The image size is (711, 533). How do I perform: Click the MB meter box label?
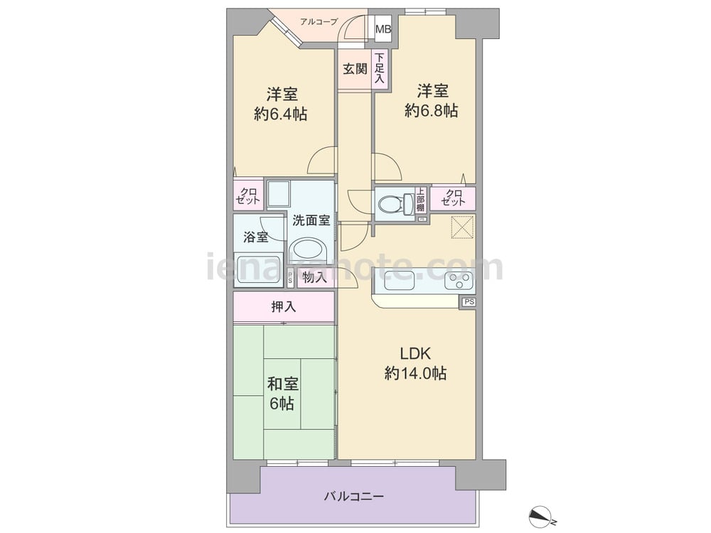pyautogui.click(x=383, y=29)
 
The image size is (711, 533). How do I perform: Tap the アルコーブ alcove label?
pyautogui.click(x=319, y=21)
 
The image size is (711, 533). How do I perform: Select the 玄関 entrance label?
pyautogui.click(x=355, y=69)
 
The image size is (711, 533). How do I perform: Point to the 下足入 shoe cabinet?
pyautogui.click(x=380, y=68)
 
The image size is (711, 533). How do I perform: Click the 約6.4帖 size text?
pyautogui.click(x=281, y=114)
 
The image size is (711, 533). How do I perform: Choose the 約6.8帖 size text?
pyautogui.click(x=432, y=110)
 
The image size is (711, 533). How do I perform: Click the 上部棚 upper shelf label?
pyautogui.click(x=421, y=200)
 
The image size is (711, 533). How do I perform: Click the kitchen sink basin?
pyautogui.click(x=399, y=280)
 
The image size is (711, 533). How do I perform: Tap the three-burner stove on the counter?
pyautogui.click(x=459, y=280)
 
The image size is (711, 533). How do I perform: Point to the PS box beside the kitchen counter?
pyautogui.click(x=469, y=302)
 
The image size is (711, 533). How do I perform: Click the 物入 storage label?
pyautogui.click(x=315, y=277)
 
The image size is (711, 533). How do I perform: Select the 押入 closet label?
pyautogui.click(x=284, y=307)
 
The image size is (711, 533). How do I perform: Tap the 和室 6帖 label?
pyautogui.click(x=282, y=394)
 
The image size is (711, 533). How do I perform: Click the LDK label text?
pyautogui.click(x=415, y=353)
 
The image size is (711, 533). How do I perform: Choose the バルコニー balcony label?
pyautogui.click(x=353, y=497)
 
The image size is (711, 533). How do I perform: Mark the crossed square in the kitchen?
pyautogui.click(x=463, y=227)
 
